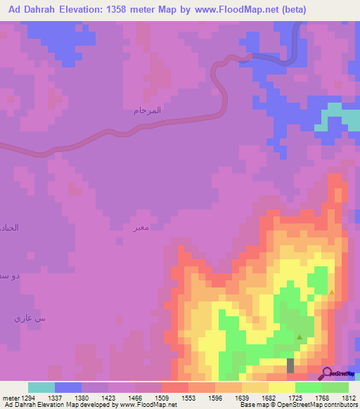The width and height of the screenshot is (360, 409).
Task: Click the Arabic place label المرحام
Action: coord(147,110)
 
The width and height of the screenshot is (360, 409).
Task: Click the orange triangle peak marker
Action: coord(332,292)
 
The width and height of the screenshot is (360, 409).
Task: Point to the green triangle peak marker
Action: coord(300,337)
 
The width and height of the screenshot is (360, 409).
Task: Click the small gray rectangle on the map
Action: coord(290,365)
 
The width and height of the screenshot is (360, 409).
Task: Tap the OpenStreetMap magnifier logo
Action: coord(327,373)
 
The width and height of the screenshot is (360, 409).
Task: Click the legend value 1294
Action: coord(28,397)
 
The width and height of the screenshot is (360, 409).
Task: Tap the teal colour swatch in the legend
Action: coord(41,387)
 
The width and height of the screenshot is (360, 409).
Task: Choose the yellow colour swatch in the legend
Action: coord(282,387)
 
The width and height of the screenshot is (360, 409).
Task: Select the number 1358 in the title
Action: coord(141,11)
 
